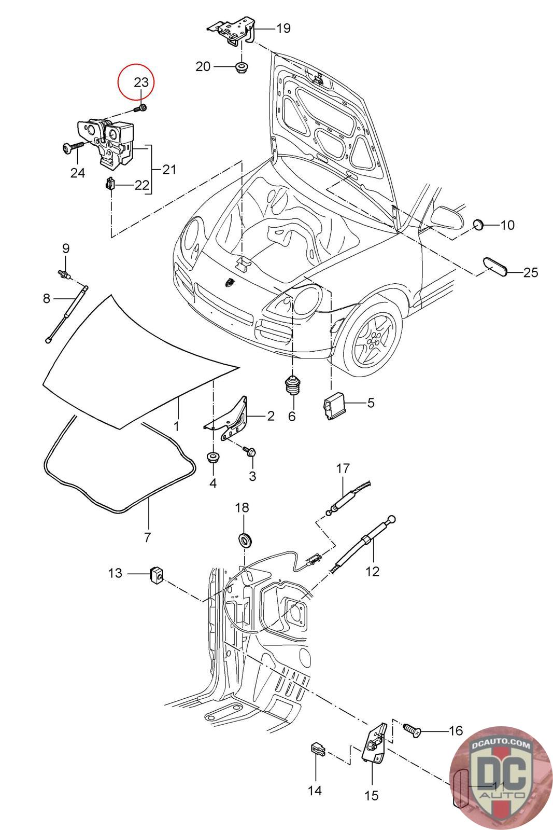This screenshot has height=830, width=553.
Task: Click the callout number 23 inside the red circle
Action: pyautogui.click(x=141, y=82)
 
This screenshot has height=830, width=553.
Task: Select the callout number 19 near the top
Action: pyautogui.click(x=283, y=28)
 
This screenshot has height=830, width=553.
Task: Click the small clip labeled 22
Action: pyautogui.click(x=109, y=184)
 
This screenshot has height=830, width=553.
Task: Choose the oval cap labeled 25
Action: pyautogui.click(x=494, y=267)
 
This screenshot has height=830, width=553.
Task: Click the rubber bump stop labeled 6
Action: pyautogui.click(x=292, y=385)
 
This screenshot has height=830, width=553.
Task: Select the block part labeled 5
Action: pyautogui.click(x=334, y=405)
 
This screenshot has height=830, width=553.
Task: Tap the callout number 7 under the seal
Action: pyautogui.click(x=147, y=537)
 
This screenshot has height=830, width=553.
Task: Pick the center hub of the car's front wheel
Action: pyautogui.click(x=375, y=338)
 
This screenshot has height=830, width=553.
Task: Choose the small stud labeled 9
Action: pyautogui.click(x=64, y=274)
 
